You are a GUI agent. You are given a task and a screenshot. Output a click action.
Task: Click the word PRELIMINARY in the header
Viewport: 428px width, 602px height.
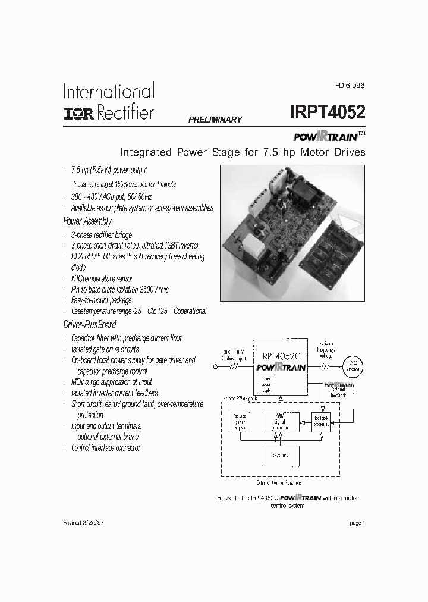pyautogui.click(x=215, y=120)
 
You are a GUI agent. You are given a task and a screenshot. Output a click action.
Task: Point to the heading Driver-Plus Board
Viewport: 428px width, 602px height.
pyautogui.click(x=89, y=325)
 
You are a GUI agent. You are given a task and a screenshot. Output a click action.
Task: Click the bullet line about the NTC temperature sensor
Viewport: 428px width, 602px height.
pyautogui.click(x=102, y=278)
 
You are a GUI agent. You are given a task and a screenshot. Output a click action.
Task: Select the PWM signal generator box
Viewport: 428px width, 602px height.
pyautogui.click(x=281, y=422)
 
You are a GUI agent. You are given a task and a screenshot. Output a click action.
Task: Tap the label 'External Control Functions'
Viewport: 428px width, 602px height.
pyautogui.click(x=281, y=483)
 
